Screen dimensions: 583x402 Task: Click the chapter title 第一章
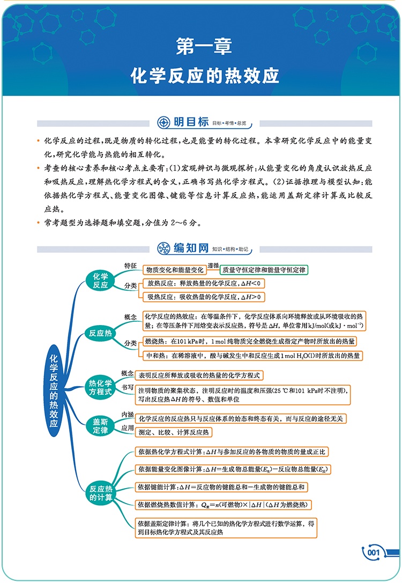coord(204,47)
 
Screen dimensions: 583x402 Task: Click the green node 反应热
coord(101,334)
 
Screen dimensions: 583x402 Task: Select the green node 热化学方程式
coord(101,387)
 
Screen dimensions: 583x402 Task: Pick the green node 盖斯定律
coord(101,426)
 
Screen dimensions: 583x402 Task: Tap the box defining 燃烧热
coord(250,341)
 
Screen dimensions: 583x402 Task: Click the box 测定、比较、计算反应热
coord(173,432)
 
